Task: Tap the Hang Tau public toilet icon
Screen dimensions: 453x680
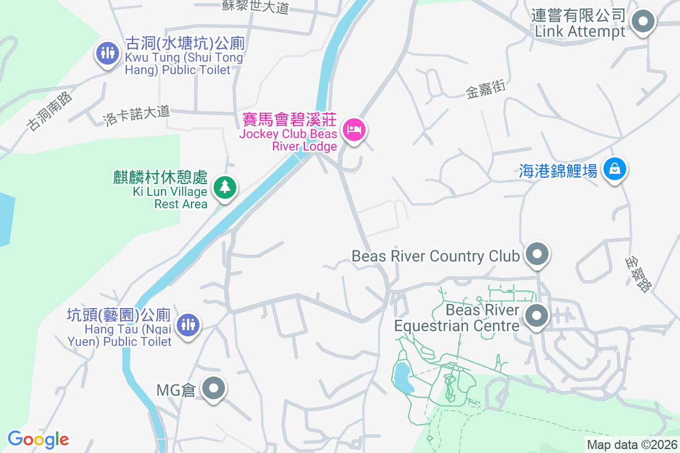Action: tap(187, 325)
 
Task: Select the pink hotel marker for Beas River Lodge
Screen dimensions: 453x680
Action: tap(355, 130)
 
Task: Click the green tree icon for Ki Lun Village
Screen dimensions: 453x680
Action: tap(225, 186)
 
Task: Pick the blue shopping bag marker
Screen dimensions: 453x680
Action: tap(614, 168)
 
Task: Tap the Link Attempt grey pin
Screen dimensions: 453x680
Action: tap(643, 23)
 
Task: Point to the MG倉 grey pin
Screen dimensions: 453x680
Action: tap(214, 389)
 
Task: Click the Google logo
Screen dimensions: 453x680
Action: tap(38, 439)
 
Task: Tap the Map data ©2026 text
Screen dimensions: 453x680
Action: tap(632, 445)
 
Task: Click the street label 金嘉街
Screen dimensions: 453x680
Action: tap(485, 89)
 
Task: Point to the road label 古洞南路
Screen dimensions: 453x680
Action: tap(50, 111)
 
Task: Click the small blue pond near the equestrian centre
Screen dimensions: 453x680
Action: tap(402, 377)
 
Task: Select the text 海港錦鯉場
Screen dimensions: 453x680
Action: tap(558, 170)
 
